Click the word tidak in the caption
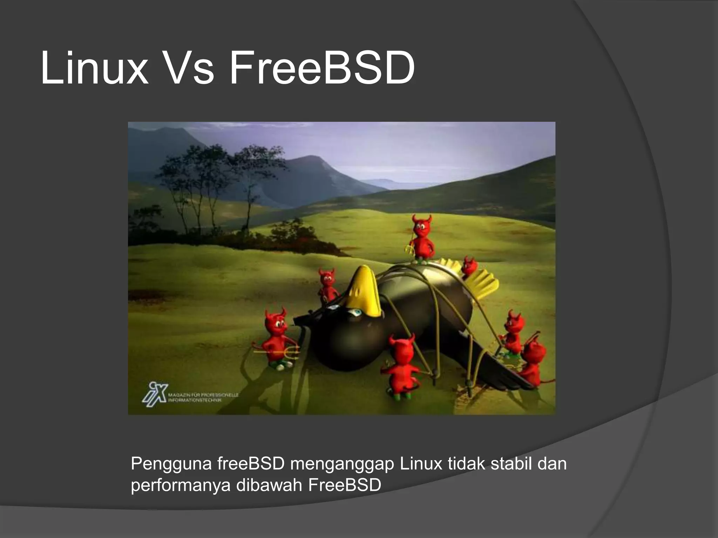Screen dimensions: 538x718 pos(466,464)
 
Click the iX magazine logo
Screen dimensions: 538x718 pos(154,394)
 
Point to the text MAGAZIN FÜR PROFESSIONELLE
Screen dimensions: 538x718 pos(203,395)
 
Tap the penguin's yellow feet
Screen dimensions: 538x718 pos(477,278)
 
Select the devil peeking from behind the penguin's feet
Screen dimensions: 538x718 pos(469,266)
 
